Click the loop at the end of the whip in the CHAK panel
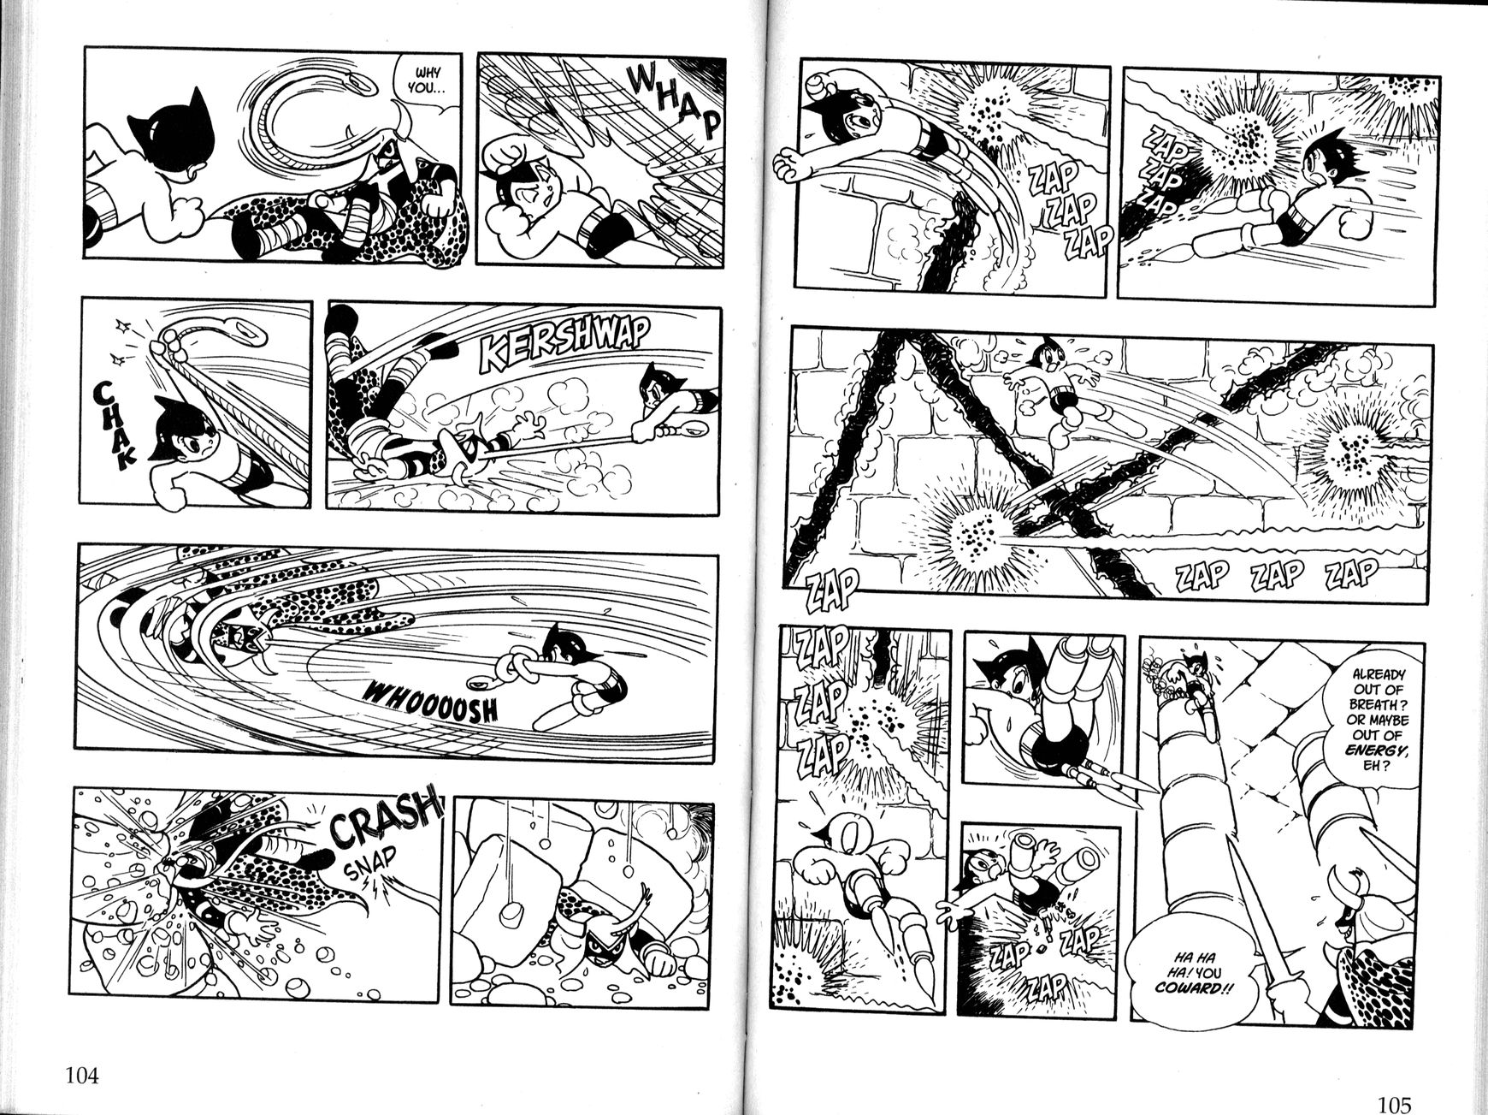(247, 327)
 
